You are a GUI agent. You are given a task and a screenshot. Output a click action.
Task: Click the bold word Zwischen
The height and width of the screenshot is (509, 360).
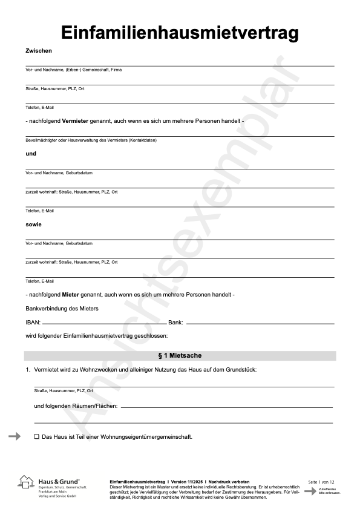click(x=39, y=51)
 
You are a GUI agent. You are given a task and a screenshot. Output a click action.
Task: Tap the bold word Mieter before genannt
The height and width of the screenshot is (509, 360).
click(x=71, y=294)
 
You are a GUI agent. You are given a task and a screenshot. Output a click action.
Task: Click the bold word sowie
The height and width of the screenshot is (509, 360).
click(x=33, y=224)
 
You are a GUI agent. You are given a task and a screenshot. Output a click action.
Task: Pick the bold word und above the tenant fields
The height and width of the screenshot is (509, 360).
click(x=31, y=154)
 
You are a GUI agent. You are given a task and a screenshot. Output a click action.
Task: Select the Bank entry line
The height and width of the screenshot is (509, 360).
click(x=260, y=324)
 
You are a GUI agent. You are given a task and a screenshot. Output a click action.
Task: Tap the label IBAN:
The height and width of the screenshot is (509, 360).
click(x=33, y=323)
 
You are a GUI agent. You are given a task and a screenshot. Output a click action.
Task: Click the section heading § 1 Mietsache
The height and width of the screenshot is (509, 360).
click(x=180, y=355)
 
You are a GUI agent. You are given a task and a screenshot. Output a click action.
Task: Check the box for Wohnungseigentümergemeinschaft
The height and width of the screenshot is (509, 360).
click(x=36, y=436)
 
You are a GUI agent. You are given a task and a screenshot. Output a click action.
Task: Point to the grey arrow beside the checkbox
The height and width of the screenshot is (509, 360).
click(x=15, y=436)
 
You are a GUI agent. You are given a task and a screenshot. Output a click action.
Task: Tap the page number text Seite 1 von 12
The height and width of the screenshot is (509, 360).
click(x=321, y=482)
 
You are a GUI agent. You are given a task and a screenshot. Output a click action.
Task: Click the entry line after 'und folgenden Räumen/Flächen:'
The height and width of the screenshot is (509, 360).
click(x=227, y=407)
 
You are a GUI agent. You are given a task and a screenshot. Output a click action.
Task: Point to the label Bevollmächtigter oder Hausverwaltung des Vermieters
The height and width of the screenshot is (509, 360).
click(x=91, y=140)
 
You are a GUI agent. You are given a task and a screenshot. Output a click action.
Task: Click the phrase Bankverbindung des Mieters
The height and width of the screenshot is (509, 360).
click(x=62, y=309)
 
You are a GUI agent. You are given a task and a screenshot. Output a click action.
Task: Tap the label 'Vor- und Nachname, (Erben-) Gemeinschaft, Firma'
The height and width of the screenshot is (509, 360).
click(x=73, y=70)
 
